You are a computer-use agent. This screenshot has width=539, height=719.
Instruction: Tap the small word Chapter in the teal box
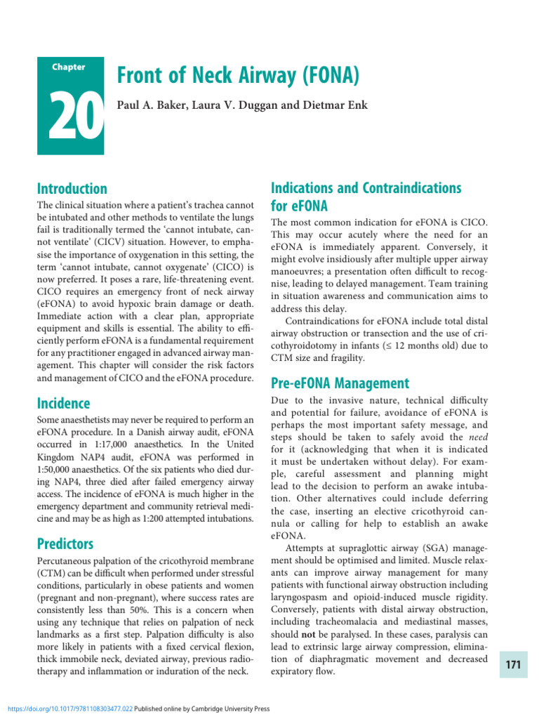tap(69, 67)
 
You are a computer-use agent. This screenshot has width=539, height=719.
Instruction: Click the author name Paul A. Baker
tap(147, 106)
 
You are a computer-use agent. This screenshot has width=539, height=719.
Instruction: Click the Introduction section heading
tap(71, 189)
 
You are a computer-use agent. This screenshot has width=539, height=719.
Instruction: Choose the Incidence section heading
tap(63, 403)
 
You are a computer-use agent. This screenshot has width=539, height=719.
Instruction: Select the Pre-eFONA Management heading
tap(340, 383)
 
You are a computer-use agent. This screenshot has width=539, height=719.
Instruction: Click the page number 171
tap(513, 665)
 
